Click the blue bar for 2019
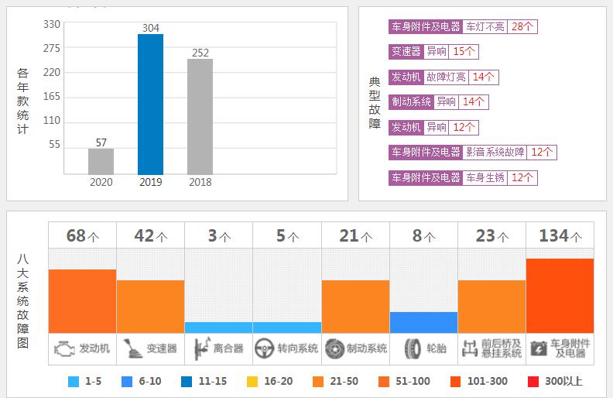150,104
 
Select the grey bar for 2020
101,161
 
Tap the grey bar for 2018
200,116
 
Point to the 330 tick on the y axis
51,25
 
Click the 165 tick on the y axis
51,97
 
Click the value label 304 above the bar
151,28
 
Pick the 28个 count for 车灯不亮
522,26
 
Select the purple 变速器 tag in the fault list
406,52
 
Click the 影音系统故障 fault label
495,153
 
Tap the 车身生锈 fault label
485,177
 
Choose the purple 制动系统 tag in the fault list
410,101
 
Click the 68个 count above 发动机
82,236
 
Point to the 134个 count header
560,236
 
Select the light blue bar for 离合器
218,328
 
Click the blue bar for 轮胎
423,322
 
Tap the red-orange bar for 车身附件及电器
560,295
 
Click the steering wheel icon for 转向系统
265,348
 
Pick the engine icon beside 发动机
64,348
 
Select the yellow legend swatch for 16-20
252,381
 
